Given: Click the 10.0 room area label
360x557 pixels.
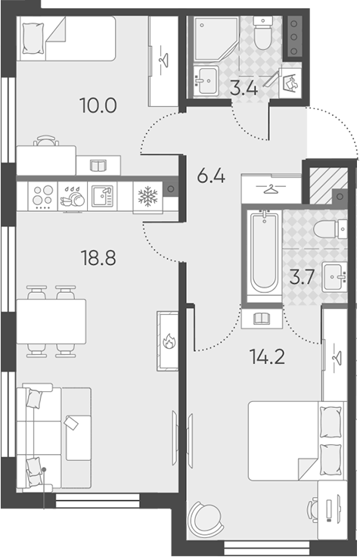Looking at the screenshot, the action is tap(98, 105).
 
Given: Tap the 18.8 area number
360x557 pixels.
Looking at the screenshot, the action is tap(98, 257).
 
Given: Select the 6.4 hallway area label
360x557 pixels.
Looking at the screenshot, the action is tap(211, 176).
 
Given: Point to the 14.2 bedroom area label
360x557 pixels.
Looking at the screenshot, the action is tap(267, 356).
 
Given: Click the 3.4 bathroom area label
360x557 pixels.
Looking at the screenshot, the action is tap(244, 88).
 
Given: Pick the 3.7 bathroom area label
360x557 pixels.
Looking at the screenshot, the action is tap(302, 278).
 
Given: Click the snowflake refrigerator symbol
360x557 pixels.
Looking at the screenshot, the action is tap(147, 198).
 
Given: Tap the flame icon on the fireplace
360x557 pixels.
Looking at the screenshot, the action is tap(169, 341).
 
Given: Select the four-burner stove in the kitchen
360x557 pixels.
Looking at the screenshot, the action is tap(43, 197).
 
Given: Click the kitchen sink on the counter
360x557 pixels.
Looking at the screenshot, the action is tap(102, 196).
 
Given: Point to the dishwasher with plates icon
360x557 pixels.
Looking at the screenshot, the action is tap(73, 198).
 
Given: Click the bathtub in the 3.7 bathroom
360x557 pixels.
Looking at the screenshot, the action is tap(265, 252).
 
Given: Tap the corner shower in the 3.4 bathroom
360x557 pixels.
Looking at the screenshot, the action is tap(215, 39).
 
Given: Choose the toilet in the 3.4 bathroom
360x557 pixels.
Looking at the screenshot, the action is tap(262, 34).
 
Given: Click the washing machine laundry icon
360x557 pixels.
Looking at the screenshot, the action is tap(290, 82).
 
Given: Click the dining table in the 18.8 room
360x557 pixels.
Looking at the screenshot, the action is tap(51, 322).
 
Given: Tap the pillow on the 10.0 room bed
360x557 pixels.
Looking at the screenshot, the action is tap(33, 39).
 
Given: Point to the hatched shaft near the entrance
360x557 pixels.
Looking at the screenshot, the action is tap(328, 185).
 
